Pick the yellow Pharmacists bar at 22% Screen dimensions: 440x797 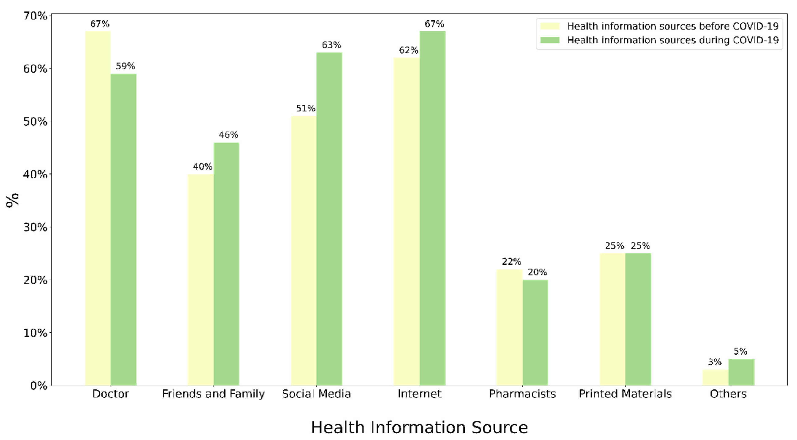coord(509,327)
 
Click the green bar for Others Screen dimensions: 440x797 coord(741,372)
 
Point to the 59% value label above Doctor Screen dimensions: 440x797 coord(125,66)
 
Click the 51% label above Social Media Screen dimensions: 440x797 coord(305,109)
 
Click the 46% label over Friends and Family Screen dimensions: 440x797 coord(228,135)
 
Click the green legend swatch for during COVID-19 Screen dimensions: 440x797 coord(550,40)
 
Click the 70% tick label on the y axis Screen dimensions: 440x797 coord(35,16)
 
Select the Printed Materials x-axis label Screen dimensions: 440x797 coord(625,394)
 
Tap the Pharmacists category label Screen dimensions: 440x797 coord(522,394)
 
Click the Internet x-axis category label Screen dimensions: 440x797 coord(419,394)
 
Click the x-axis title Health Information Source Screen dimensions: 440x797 coord(419,428)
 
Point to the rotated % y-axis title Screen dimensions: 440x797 coord(12,200)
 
